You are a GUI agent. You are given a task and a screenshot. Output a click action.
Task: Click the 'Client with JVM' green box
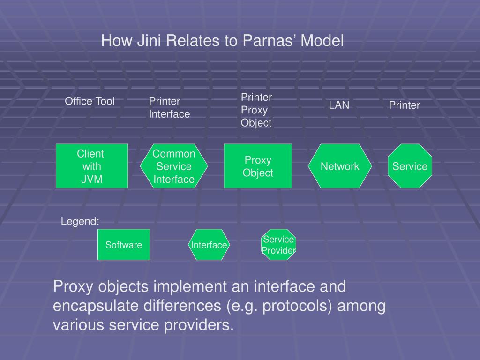pyautogui.click(x=92, y=166)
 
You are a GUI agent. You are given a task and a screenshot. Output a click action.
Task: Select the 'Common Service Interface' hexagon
pyautogui.click(x=174, y=166)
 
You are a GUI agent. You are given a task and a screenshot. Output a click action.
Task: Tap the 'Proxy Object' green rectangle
pyautogui.click(x=258, y=166)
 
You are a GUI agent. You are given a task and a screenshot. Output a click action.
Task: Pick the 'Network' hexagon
pyautogui.click(x=340, y=166)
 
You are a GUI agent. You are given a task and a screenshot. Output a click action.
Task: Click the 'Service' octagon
pyautogui.click(x=410, y=166)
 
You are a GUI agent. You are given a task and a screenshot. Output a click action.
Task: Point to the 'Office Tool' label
pyautogui.click(x=90, y=101)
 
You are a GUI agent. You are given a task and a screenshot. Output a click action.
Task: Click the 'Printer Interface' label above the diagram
pyautogui.click(x=169, y=108)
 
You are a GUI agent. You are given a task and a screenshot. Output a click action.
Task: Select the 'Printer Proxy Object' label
pyautogui.click(x=256, y=110)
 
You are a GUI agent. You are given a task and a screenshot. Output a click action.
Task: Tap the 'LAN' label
pyautogui.click(x=339, y=105)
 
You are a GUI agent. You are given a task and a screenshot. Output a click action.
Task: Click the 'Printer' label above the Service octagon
pyautogui.click(x=404, y=105)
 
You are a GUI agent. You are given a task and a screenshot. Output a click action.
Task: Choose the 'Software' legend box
pyautogui.click(x=124, y=245)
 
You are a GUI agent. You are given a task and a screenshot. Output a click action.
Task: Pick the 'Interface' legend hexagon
pyautogui.click(x=209, y=245)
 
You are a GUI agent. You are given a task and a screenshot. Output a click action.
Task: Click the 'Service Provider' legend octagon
pyautogui.click(x=278, y=245)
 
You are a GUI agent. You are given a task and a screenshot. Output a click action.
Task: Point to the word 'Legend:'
pyautogui.click(x=80, y=222)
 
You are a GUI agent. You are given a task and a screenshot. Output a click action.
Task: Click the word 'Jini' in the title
pyautogui.click(x=149, y=41)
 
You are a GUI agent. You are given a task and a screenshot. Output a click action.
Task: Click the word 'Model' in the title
pyautogui.click(x=322, y=41)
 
